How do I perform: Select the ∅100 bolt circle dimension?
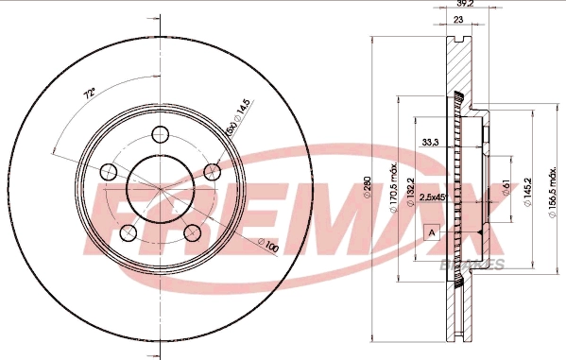coord(269,247)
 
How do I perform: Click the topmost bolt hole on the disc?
coord(159,133)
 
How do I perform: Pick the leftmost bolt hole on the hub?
coord(109,172)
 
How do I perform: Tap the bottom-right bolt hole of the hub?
coord(194,232)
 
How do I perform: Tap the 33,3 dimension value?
coord(429,144)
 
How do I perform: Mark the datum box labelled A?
coord(432,231)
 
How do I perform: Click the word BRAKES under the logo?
coord(472,265)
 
